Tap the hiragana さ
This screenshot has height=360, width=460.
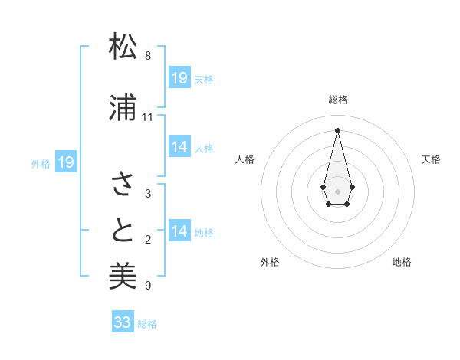tap(123, 184)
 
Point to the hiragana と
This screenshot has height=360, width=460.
tap(123, 230)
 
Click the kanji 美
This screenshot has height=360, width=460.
tap(123, 275)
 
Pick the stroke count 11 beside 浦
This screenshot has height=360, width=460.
tap(147, 117)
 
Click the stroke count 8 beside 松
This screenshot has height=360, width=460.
tap(147, 56)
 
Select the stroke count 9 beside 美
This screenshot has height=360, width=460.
tap(147, 286)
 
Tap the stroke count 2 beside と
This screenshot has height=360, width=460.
tap(147, 240)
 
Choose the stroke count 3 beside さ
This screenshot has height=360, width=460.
tap(147, 194)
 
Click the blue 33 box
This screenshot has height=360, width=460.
tap(123, 322)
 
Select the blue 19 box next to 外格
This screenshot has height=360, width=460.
tap(65, 162)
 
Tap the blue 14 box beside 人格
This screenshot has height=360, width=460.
tap(179, 147)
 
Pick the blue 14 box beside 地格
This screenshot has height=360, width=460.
tap(179, 231)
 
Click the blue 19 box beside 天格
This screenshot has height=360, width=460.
tap(179, 78)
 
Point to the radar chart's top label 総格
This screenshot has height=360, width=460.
tap(338, 100)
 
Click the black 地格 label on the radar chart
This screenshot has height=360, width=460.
tap(402, 263)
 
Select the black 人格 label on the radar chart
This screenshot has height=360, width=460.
tap(245, 159)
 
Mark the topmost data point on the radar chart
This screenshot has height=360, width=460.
tap(337, 129)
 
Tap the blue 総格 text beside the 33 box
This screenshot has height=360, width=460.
tap(147, 324)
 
